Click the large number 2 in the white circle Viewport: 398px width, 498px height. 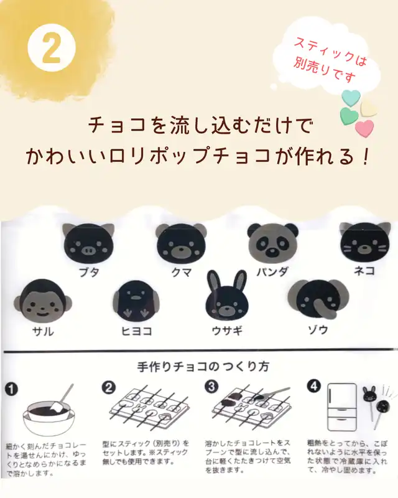(51, 49)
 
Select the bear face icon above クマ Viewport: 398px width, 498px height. (181, 243)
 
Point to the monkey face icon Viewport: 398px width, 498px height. (43, 301)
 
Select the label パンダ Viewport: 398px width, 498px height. (272, 271)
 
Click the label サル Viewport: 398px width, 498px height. (43, 332)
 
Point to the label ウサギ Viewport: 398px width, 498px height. (227, 331)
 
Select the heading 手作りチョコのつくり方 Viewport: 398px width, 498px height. (203, 367)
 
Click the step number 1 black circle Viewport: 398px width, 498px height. (11, 389)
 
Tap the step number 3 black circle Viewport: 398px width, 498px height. (211, 387)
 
